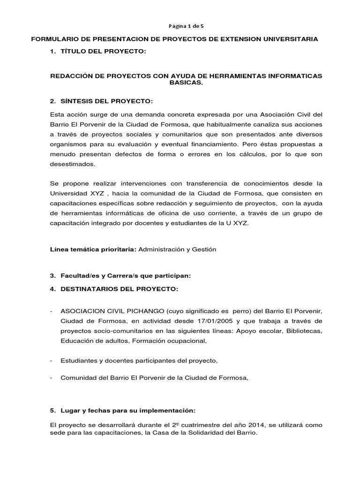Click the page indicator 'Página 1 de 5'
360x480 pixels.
coord(180,26)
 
